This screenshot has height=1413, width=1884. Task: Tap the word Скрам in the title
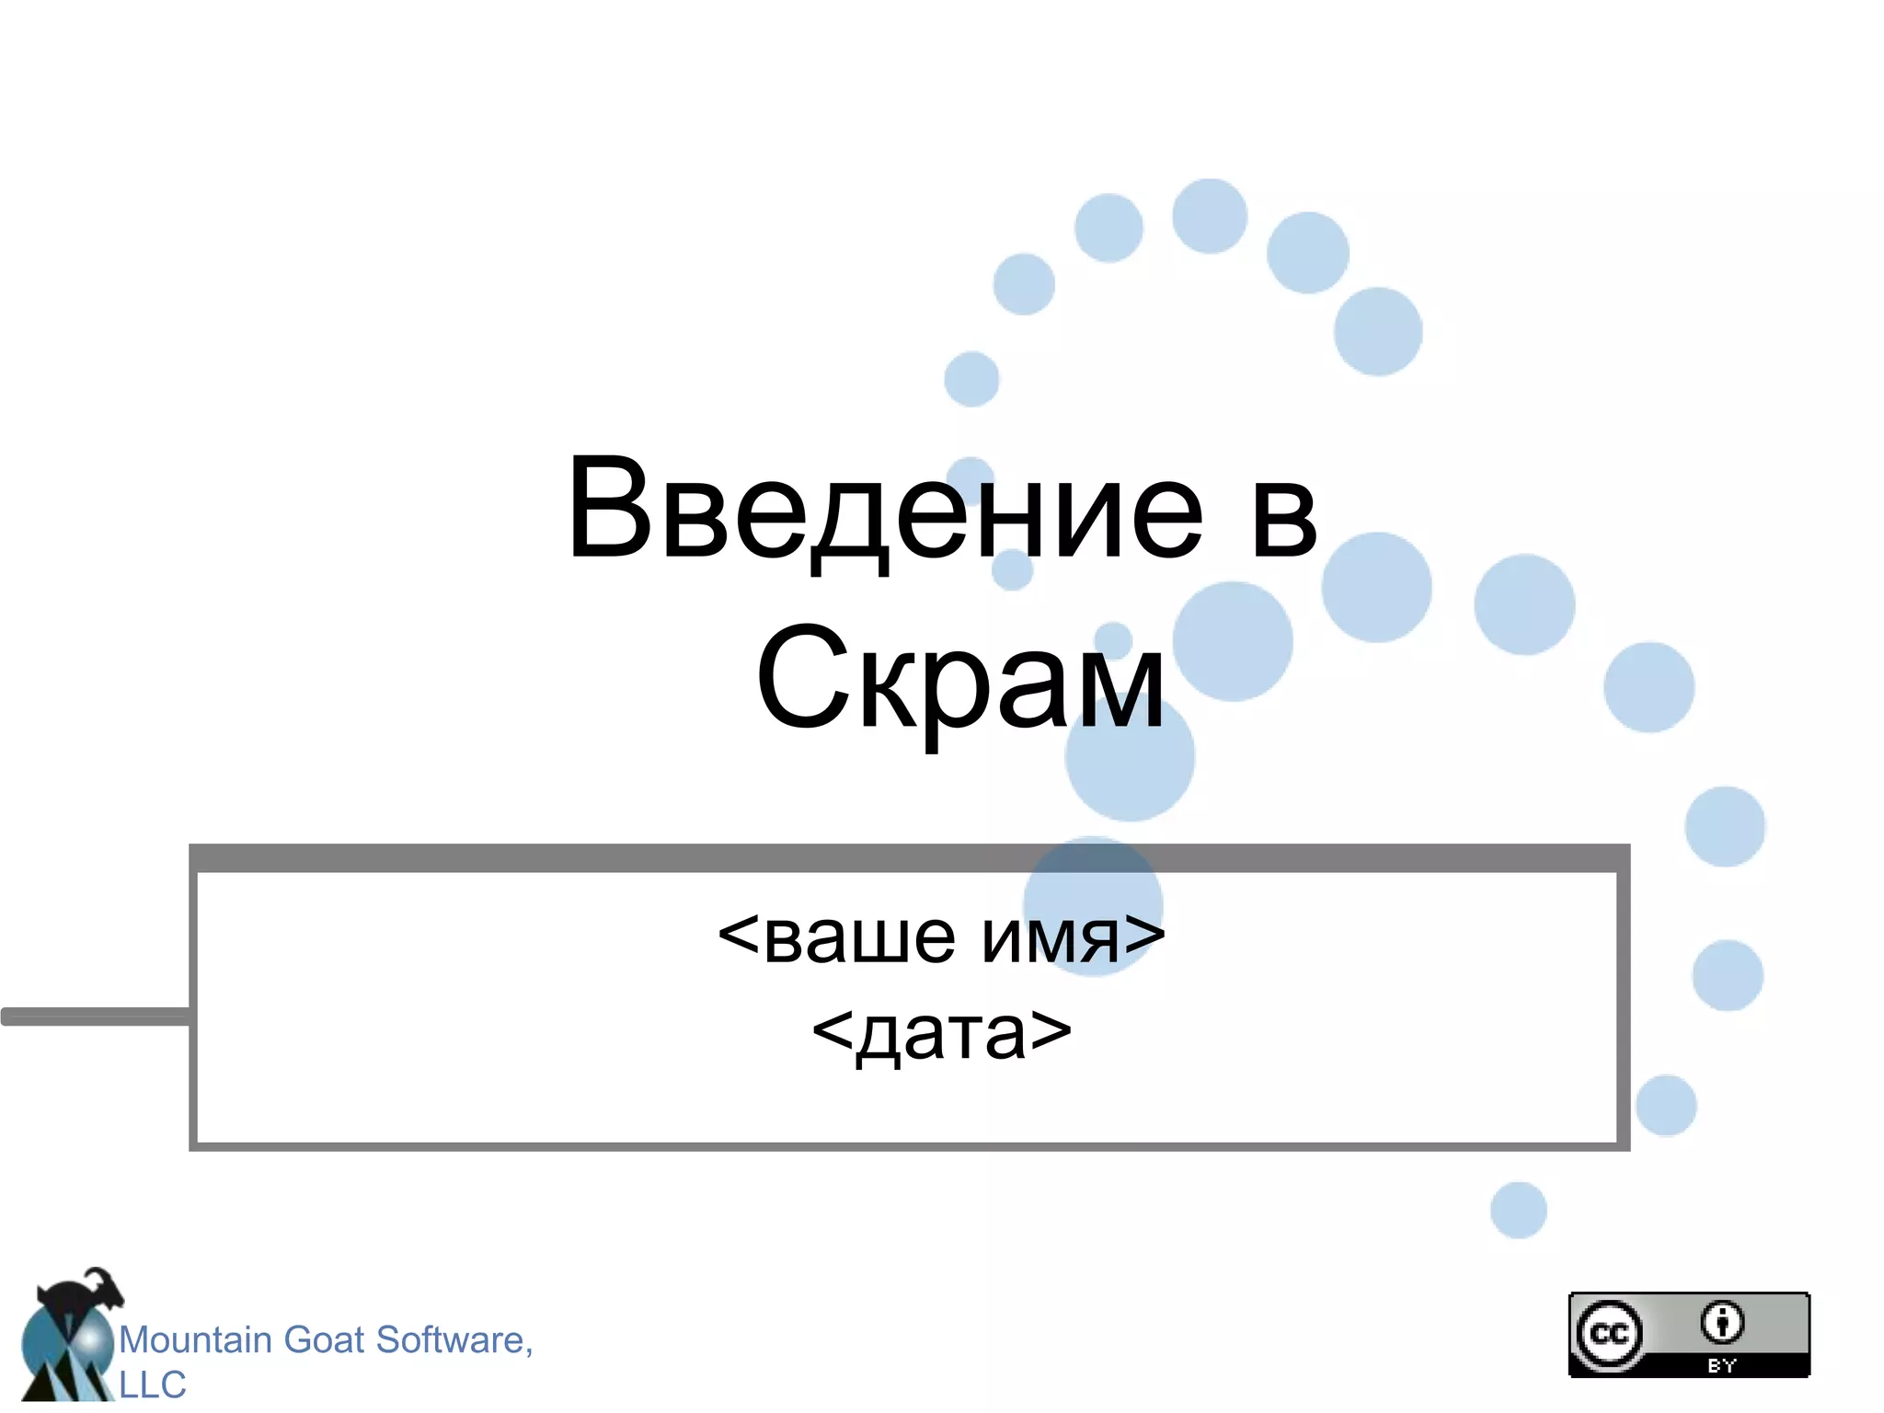(x=960, y=680)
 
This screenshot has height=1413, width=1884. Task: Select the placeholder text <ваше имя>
(x=941, y=937)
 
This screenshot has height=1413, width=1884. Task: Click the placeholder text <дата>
(x=942, y=1033)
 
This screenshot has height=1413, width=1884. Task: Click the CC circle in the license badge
(x=1609, y=1334)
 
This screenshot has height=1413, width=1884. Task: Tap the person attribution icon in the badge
(x=1722, y=1323)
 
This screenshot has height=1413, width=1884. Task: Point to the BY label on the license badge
(x=1722, y=1366)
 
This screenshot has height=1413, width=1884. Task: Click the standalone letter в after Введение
(x=1284, y=515)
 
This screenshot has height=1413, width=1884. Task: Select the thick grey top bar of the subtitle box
(x=909, y=857)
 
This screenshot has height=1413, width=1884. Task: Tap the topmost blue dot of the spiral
(x=1210, y=216)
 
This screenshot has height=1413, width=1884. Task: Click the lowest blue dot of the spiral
(x=1518, y=1210)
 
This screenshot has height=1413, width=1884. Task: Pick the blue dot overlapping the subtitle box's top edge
(x=1093, y=906)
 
